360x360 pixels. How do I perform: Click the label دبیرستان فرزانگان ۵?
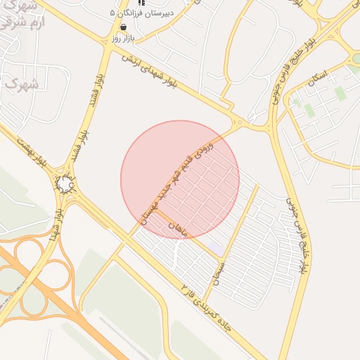(x=141, y=13)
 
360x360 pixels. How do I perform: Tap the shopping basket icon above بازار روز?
(x=124, y=27)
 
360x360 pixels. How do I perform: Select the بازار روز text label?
(x=123, y=38)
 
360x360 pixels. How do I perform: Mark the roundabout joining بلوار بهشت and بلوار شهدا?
(x=65, y=185)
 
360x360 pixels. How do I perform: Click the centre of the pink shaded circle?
(x=180, y=179)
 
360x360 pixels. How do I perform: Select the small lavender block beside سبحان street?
(x=217, y=248)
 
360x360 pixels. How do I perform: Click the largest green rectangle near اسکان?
(x=340, y=94)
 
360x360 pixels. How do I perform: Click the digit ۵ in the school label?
(x=113, y=13)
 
